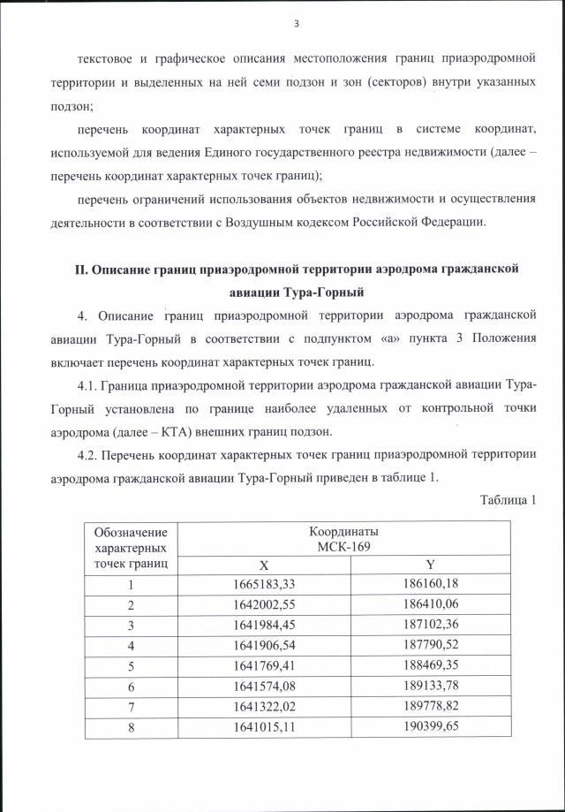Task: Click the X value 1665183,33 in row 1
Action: (263, 584)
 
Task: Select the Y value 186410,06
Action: (431, 605)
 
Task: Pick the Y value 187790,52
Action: (431, 647)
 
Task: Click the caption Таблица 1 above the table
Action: (508, 501)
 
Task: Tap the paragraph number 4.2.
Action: (88, 456)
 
